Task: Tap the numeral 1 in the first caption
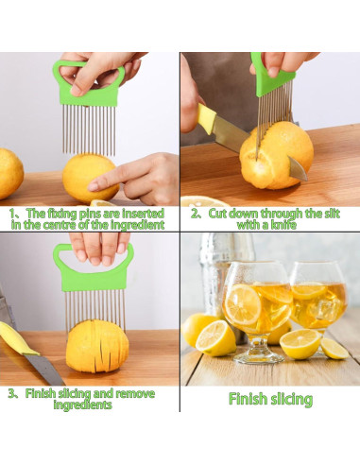click(13, 214)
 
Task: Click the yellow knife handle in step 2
click(208, 119)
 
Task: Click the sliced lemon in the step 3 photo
click(97, 345)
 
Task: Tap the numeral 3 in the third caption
click(10, 393)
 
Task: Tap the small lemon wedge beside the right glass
click(334, 349)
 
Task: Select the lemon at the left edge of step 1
click(9, 172)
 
